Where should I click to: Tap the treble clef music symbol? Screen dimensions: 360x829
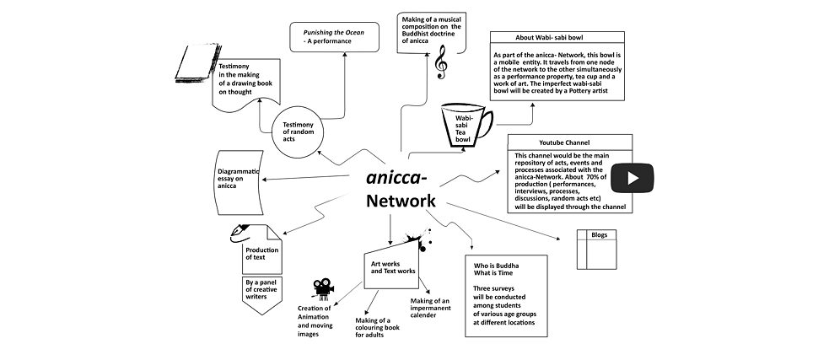tap(440, 62)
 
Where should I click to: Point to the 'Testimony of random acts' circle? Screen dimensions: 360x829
tap(299, 132)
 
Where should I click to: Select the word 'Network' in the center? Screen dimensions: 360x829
tap(400, 201)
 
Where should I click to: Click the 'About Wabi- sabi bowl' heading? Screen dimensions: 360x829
tap(557, 38)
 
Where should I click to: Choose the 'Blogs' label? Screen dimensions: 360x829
tap(600, 234)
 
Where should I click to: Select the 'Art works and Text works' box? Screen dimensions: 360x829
tap(393, 268)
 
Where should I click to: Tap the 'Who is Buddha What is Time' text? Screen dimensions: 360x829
tap(497, 270)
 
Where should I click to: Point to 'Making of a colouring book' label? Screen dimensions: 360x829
tap(377, 327)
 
